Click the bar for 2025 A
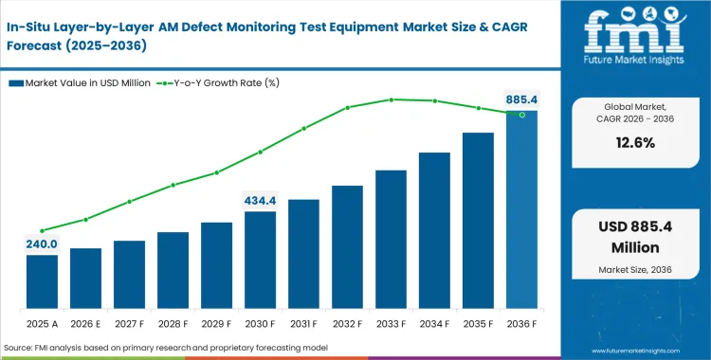(42, 280)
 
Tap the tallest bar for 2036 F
(521, 208)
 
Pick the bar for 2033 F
(391, 238)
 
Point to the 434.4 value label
(260, 200)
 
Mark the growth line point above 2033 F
(391, 99)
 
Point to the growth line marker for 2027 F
(129, 201)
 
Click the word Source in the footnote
(22, 348)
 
